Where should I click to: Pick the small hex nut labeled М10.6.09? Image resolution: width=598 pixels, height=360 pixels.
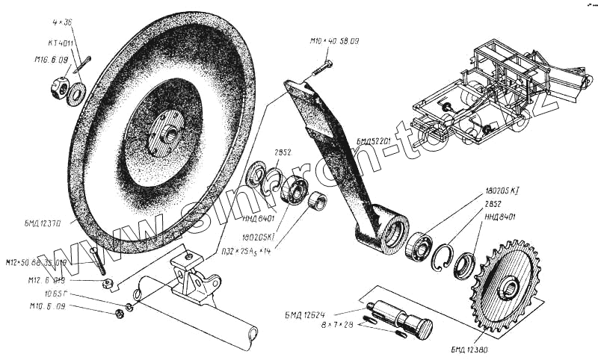tap(120, 311)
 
